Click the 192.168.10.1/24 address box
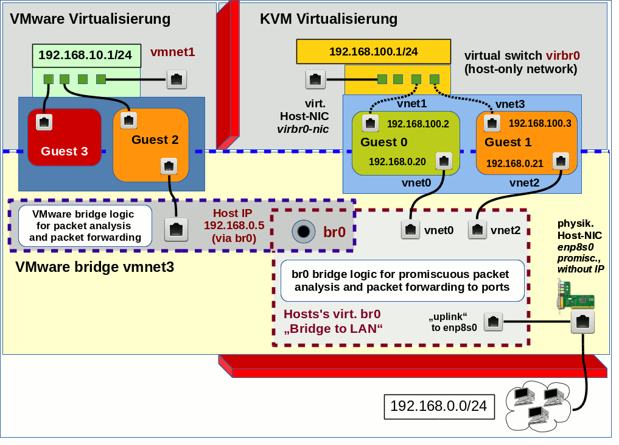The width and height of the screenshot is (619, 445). point(85,55)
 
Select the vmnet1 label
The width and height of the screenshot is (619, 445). point(173,52)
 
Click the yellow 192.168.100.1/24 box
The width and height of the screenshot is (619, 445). point(373,52)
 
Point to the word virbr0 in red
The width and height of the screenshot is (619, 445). point(562,55)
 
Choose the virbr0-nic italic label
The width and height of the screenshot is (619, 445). point(303,129)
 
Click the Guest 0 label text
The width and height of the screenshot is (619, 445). point(383,143)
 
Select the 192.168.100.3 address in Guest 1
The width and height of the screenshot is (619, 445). point(540,123)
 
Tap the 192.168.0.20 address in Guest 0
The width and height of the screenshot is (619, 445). point(397,162)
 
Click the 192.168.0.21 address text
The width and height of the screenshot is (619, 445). point(514,163)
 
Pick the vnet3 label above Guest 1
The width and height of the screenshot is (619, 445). point(510,104)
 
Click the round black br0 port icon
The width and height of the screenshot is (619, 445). point(303,231)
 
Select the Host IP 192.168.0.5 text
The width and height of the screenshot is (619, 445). point(234,226)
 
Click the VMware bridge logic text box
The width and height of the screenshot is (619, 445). point(85,226)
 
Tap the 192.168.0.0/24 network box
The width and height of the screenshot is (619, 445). point(439,406)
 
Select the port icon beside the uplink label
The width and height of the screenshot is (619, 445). point(494,322)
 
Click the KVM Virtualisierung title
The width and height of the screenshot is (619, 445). point(329,19)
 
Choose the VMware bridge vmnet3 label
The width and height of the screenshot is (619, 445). point(94,266)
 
